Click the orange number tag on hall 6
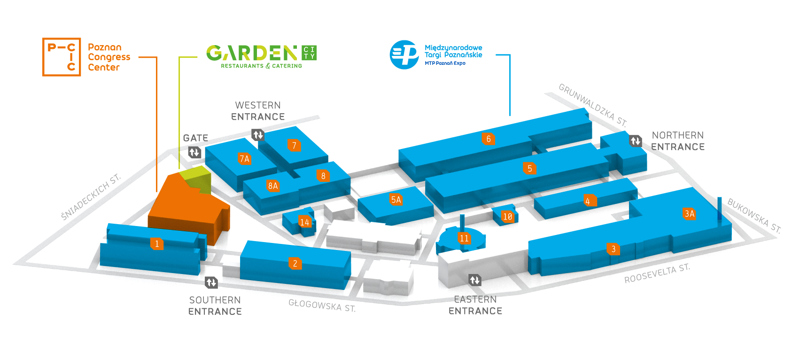(488, 139)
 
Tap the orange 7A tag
(244, 159)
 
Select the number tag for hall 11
(464, 238)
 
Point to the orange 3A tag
(689, 214)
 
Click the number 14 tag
(304, 222)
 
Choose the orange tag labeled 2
(295, 263)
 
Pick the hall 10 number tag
(507, 217)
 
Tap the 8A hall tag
(273, 186)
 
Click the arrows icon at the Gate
(194, 152)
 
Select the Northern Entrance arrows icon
(636, 141)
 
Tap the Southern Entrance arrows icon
(211, 282)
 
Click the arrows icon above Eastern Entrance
(475, 281)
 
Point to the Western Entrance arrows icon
(258, 135)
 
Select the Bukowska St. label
(754, 216)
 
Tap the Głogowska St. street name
(322, 305)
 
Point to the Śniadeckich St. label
(91, 196)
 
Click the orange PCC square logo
(62, 57)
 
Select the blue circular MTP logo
(404, 55)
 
